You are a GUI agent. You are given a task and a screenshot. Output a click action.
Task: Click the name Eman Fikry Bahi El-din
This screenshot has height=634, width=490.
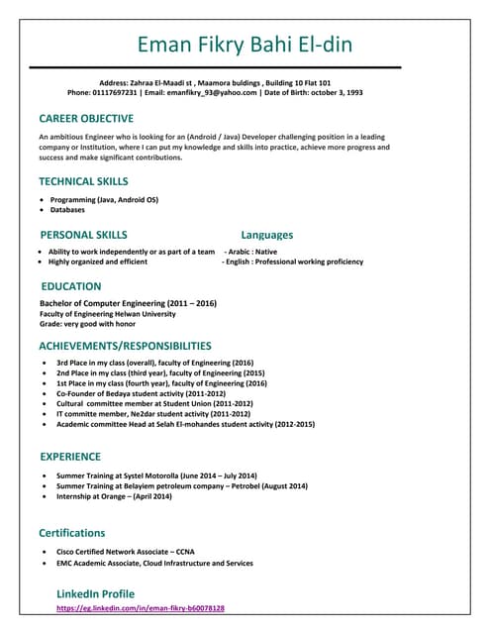[245, 45]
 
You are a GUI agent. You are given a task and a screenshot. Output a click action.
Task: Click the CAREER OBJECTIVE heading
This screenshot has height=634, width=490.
[85, 118]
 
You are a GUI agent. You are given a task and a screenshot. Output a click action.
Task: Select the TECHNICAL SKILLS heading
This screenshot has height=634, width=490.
[83, 181]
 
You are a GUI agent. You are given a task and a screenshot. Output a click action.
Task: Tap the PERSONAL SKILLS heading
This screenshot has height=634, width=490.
[83, 235]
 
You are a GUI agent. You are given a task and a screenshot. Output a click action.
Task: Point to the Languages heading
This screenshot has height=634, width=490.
[266, 235]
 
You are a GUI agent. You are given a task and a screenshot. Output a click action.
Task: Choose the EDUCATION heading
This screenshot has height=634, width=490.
[70, 286]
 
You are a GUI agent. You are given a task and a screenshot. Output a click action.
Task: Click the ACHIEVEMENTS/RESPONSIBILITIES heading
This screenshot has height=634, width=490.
[125, 346]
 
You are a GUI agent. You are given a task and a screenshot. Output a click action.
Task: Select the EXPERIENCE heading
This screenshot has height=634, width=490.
[70, 457]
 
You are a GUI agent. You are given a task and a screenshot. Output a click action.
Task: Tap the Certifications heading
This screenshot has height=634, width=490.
[71, 533]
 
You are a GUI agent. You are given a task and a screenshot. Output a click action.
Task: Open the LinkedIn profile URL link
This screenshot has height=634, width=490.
[141, 608]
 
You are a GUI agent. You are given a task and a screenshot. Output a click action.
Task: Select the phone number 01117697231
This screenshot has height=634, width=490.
[111, 92]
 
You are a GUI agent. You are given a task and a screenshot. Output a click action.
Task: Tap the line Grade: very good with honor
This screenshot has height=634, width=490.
[87, 324]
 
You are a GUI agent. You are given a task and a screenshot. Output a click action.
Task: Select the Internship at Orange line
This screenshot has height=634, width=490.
[114, 496]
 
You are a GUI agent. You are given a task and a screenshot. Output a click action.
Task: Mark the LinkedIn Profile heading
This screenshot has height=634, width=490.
[95, 593]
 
